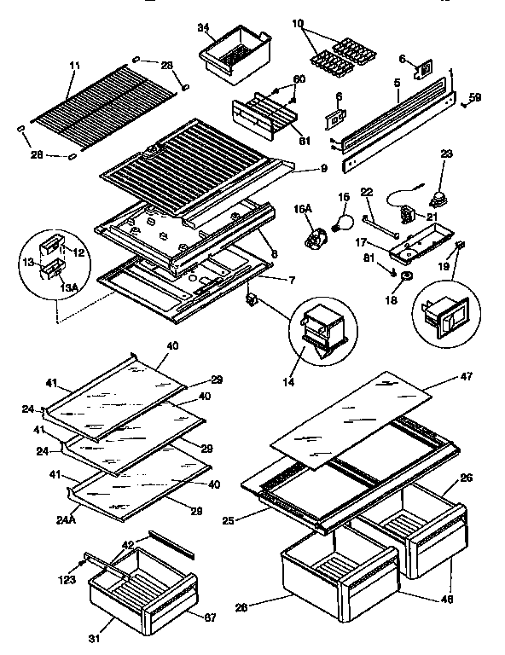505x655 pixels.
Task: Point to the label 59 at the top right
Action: [x=475, y=98]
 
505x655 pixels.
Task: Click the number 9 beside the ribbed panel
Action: [x=323, y=169]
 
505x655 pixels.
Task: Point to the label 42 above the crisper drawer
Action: [x=128, y=543]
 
